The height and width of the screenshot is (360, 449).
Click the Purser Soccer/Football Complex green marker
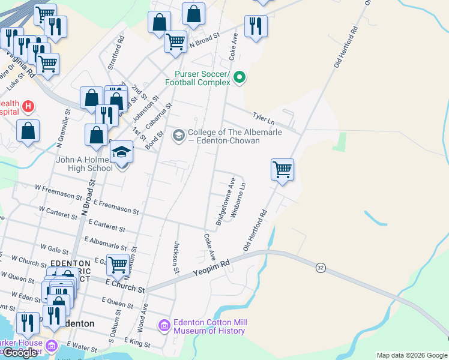[240, 77]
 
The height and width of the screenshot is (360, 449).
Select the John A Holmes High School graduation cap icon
[121, 152]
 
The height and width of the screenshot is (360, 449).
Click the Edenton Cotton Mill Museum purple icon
[164, 326]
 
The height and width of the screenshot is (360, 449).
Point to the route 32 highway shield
[321, 268]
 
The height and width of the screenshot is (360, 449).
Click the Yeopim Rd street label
[211, 268]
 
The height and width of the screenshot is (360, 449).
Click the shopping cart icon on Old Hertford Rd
[282, 169]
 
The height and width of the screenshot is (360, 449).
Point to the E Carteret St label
[106, 226]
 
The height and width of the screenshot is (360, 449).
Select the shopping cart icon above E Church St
[118, 264]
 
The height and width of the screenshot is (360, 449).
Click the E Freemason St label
[116, 208]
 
